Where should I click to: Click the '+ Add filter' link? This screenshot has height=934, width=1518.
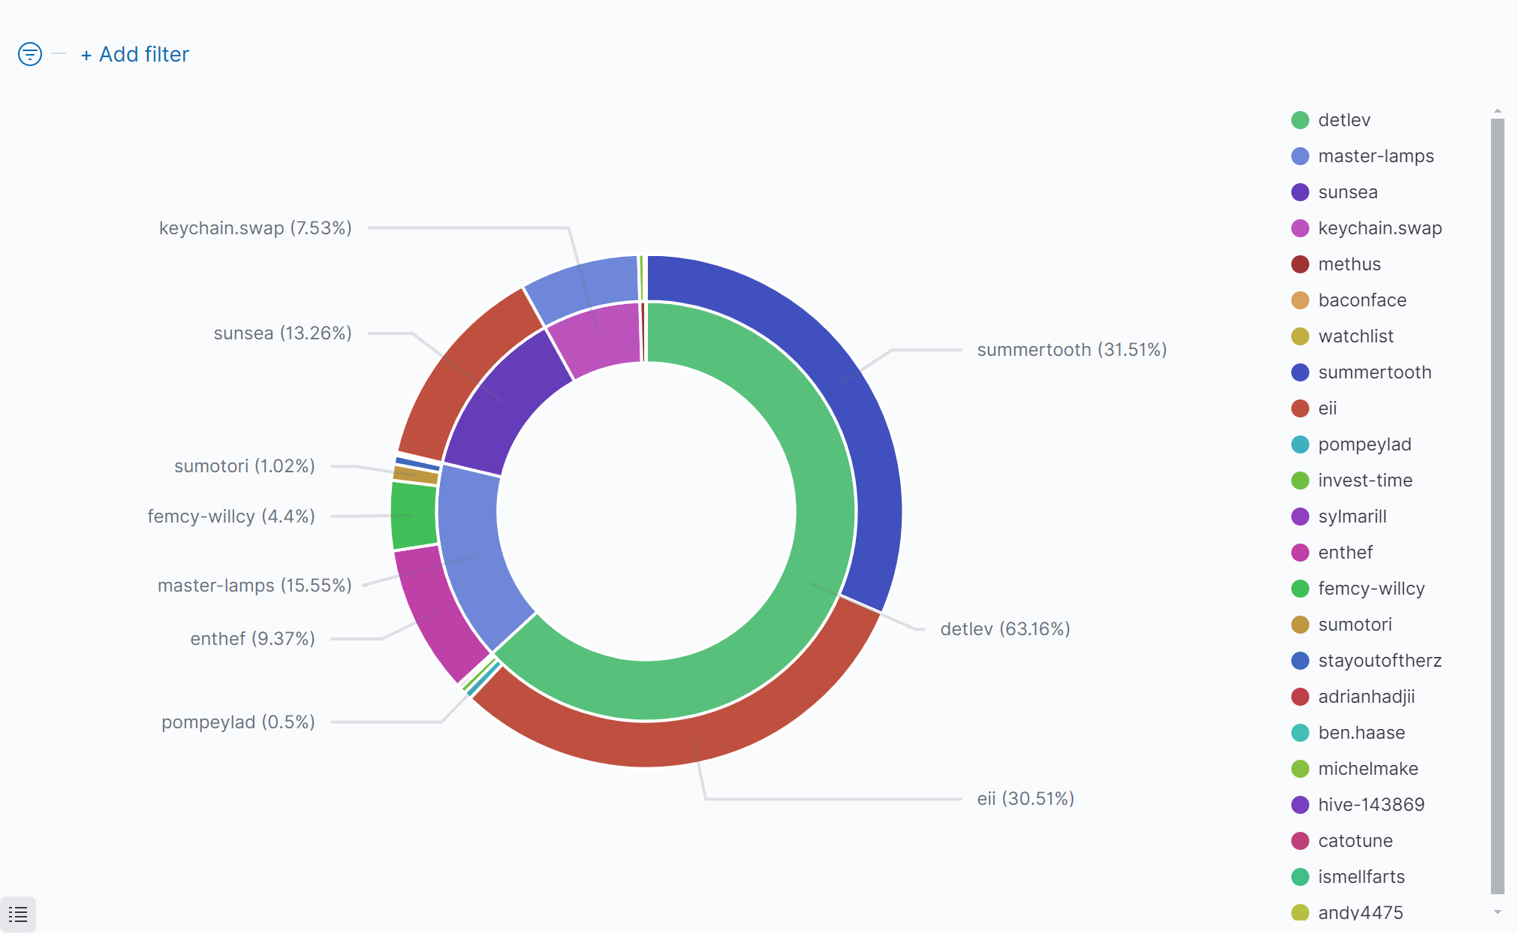pyautogui.click(x=135, y=55)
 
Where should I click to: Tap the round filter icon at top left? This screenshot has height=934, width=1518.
pyautogui.click(x=30, y=54)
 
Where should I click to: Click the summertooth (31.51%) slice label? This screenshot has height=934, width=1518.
pyautogui.click(x=1071, y=350)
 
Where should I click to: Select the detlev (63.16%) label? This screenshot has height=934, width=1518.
pyautogui.click(x=1004, y=629)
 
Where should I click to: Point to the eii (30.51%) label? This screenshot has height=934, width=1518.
pyautogui.click(x=1025, y=799)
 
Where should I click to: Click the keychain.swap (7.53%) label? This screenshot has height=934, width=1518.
pyautogui.click(x=255, y=228)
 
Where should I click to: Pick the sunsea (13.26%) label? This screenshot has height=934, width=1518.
pyautogui.click(x=282, y=333)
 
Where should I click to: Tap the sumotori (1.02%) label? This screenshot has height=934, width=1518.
pyautogui.click(x=244, y=466)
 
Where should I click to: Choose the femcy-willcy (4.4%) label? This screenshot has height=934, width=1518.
pyautogui.click(x=231, y=517)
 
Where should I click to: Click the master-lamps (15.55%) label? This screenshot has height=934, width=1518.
pyautogui.click(x=255, y=586)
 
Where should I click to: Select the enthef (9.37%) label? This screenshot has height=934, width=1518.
pyautogui.click(x=252, y=639)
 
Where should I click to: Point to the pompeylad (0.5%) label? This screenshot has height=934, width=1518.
pyautogui.click(x=238, y=722)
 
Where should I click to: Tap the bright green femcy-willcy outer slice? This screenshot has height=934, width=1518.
pyautogui.click(x=414, y=515)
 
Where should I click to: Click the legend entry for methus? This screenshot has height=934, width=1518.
pyautogui.click(x=1348, y=264)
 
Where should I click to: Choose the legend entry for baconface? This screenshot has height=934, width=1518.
pyautogui.click(x=1361, y=300)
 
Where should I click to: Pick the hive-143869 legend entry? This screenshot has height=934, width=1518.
pyautogui.click(x=1370, y=805)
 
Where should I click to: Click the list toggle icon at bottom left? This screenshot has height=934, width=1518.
pyautogui.click(x=18, y=914)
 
